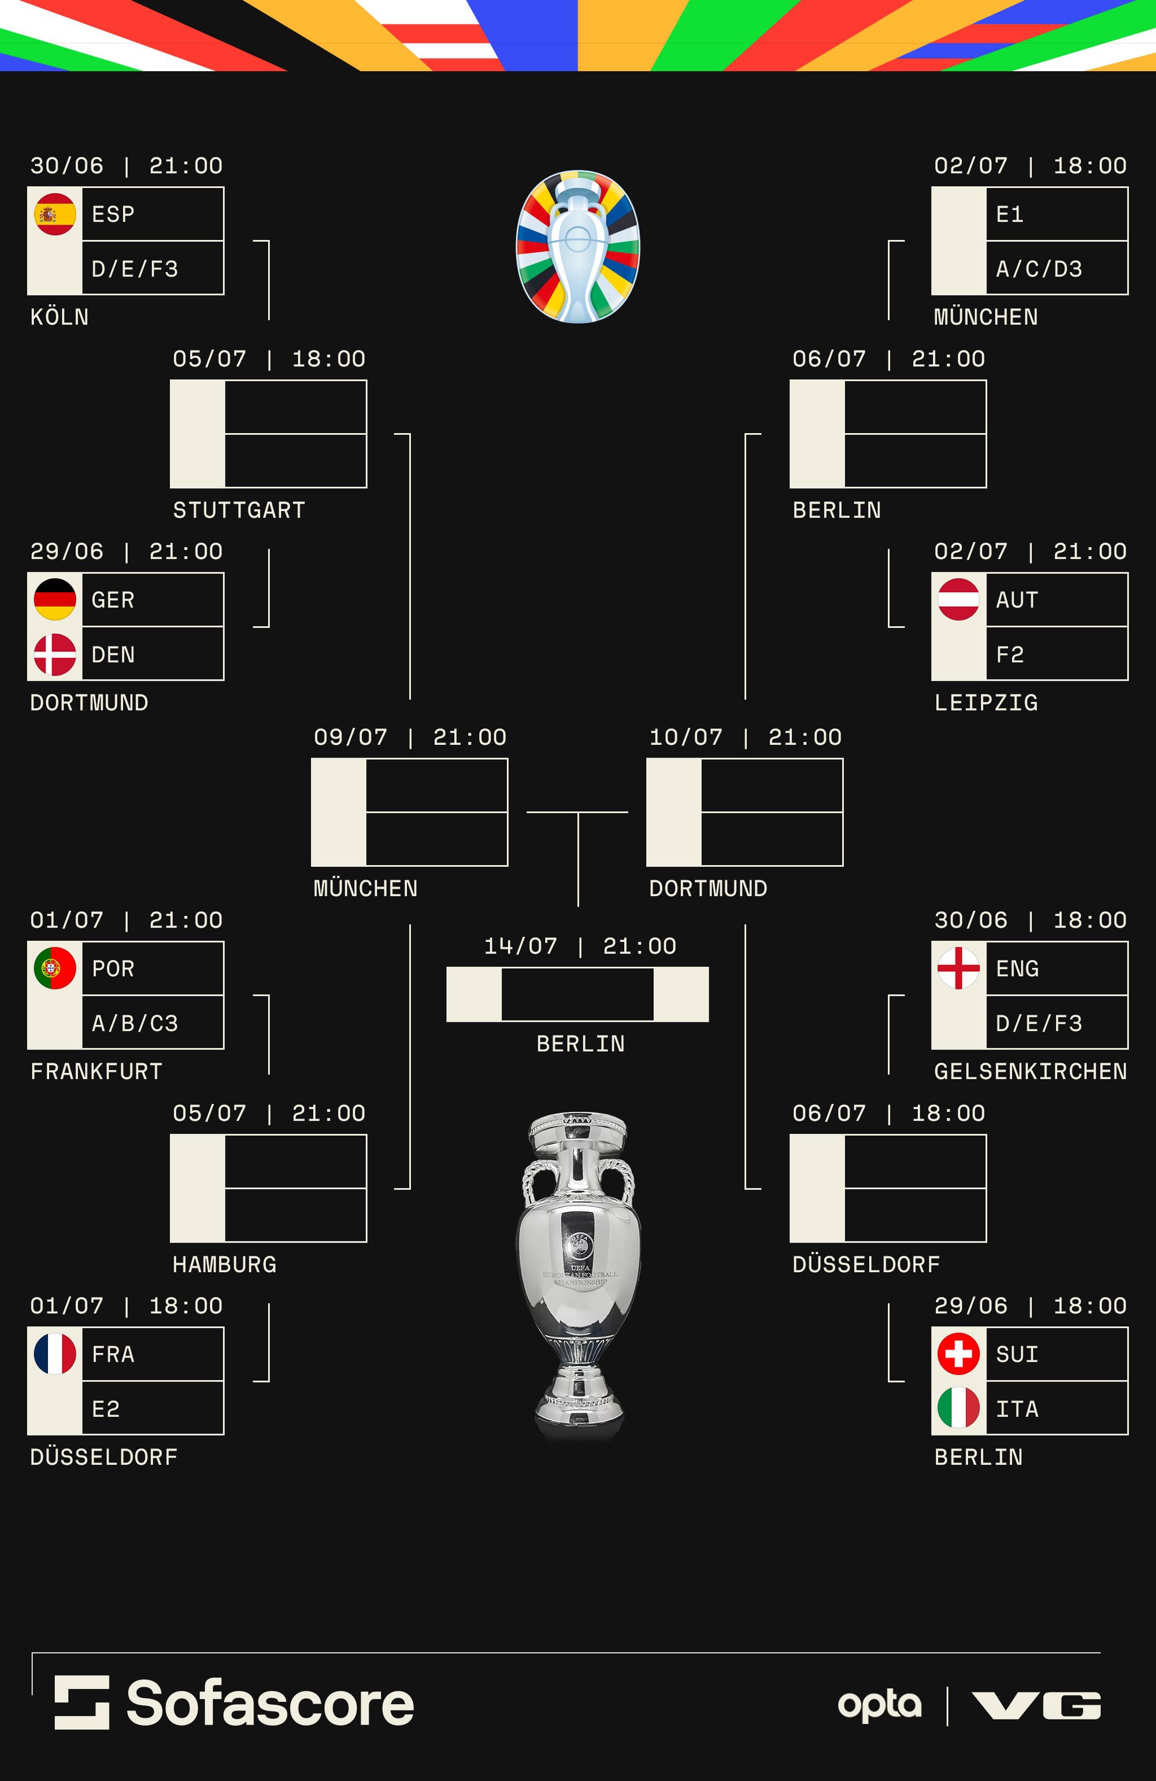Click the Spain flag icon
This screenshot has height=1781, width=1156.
point(54,214)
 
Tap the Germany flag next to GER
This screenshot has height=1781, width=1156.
point(54,600)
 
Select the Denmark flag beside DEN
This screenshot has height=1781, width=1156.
point(54,654)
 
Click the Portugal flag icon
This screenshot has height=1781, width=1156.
point(54,969)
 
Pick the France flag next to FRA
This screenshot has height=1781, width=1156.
point(54,1354)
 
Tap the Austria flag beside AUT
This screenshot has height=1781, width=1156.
point(958,600)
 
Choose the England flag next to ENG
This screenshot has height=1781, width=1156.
point(958,969)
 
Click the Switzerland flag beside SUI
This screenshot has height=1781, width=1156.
point(958,1354)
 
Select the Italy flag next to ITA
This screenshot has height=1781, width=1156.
point(958,1409)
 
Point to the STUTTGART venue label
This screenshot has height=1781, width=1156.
point(239,511)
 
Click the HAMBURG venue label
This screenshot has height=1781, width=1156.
point(224,1265)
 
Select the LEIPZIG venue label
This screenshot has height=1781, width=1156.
point(985,703)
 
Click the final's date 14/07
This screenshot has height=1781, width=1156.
point(521,947)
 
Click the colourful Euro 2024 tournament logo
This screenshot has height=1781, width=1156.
point(577,247)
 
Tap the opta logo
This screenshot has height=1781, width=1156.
point(879,1705)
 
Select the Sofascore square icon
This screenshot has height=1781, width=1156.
point(81,1702)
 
